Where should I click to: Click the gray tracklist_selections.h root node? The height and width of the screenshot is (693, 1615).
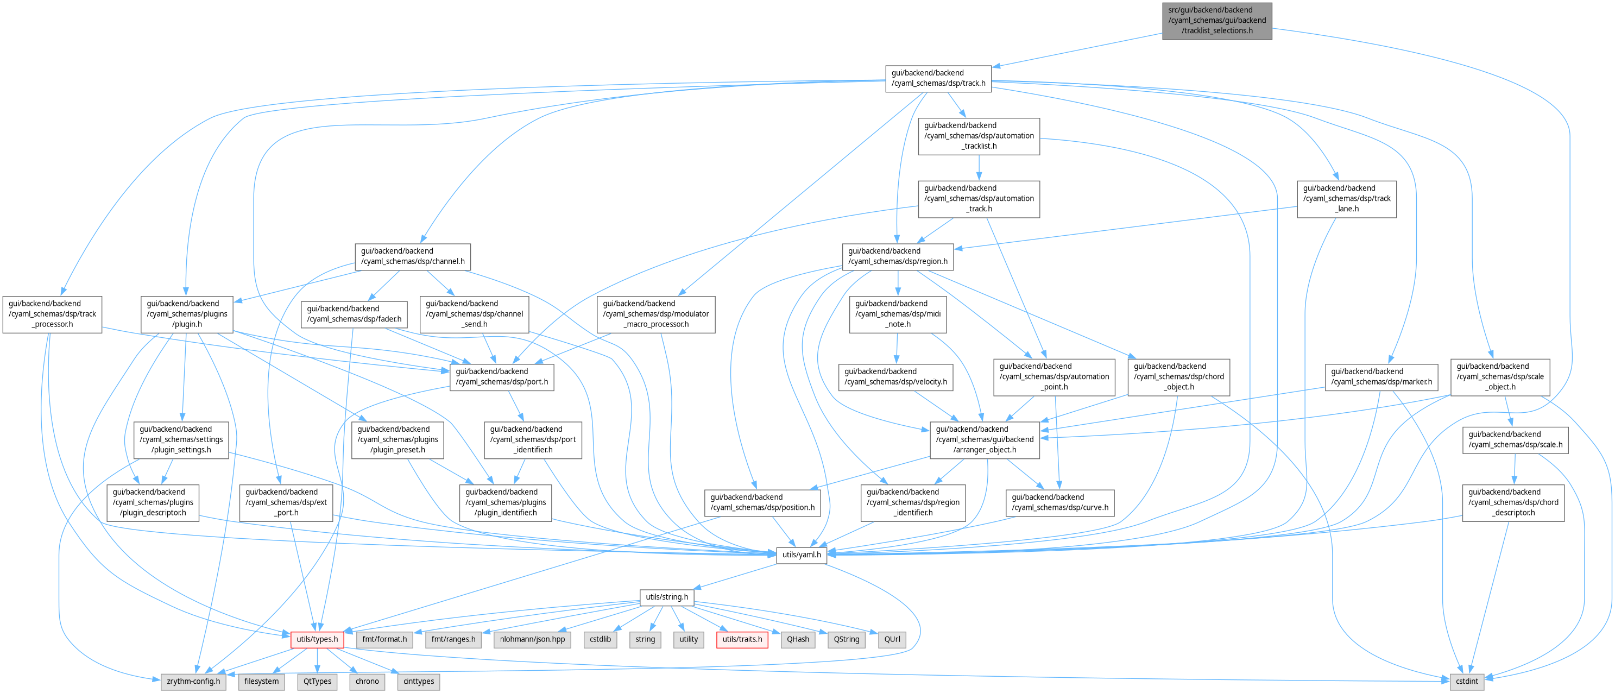pos(1216,21)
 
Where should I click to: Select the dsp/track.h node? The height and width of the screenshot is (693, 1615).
pos(938,78)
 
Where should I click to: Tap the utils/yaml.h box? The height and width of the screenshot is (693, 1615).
pos(801,555)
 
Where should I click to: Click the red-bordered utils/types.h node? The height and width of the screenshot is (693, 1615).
pos(317,639)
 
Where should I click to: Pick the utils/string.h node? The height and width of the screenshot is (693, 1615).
pos(666,597)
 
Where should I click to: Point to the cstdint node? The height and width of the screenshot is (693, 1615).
pos(1466,681)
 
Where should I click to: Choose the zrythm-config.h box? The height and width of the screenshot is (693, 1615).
pos(193,681)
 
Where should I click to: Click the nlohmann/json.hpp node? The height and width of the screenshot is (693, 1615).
pos(532,639)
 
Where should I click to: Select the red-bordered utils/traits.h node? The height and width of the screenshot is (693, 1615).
pos(742,639)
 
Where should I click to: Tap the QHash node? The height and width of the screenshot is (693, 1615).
pos(798,639)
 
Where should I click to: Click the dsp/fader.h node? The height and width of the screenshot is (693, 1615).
pos(354,313)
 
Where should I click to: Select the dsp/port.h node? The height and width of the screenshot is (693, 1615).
pos(502,376)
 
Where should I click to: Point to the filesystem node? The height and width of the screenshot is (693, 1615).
pos(261,681)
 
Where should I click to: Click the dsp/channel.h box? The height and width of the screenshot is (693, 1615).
pos(413,256)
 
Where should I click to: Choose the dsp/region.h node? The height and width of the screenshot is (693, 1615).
pos(897,256)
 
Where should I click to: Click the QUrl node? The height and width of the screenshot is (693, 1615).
pos(892,639)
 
